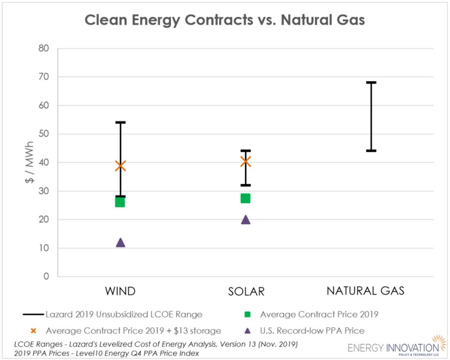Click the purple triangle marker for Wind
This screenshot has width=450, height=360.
point(120,243)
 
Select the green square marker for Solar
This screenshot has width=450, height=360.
point(245,198)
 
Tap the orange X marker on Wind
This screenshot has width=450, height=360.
point(120,165)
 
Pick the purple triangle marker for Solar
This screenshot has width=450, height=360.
point(245,220)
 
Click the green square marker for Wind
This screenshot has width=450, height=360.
point(120,202)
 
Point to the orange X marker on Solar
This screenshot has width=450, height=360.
point(245,161)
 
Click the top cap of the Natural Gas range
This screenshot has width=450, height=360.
point(371,83)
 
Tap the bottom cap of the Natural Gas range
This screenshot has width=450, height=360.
point(371,151)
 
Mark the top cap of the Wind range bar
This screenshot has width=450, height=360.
point(120,123)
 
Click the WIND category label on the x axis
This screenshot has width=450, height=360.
point(120,291)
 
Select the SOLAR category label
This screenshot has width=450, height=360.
point(246,291)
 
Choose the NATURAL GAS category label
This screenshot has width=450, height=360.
point(366,291)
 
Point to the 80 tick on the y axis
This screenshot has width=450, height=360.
point(43,48)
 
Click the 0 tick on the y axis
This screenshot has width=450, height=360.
point(46,276)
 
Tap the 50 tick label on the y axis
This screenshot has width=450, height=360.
point(43,134)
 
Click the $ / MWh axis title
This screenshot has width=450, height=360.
point(29,162)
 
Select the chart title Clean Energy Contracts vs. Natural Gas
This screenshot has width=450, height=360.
point(224,20)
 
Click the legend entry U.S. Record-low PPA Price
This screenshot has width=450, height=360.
point(312,330)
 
